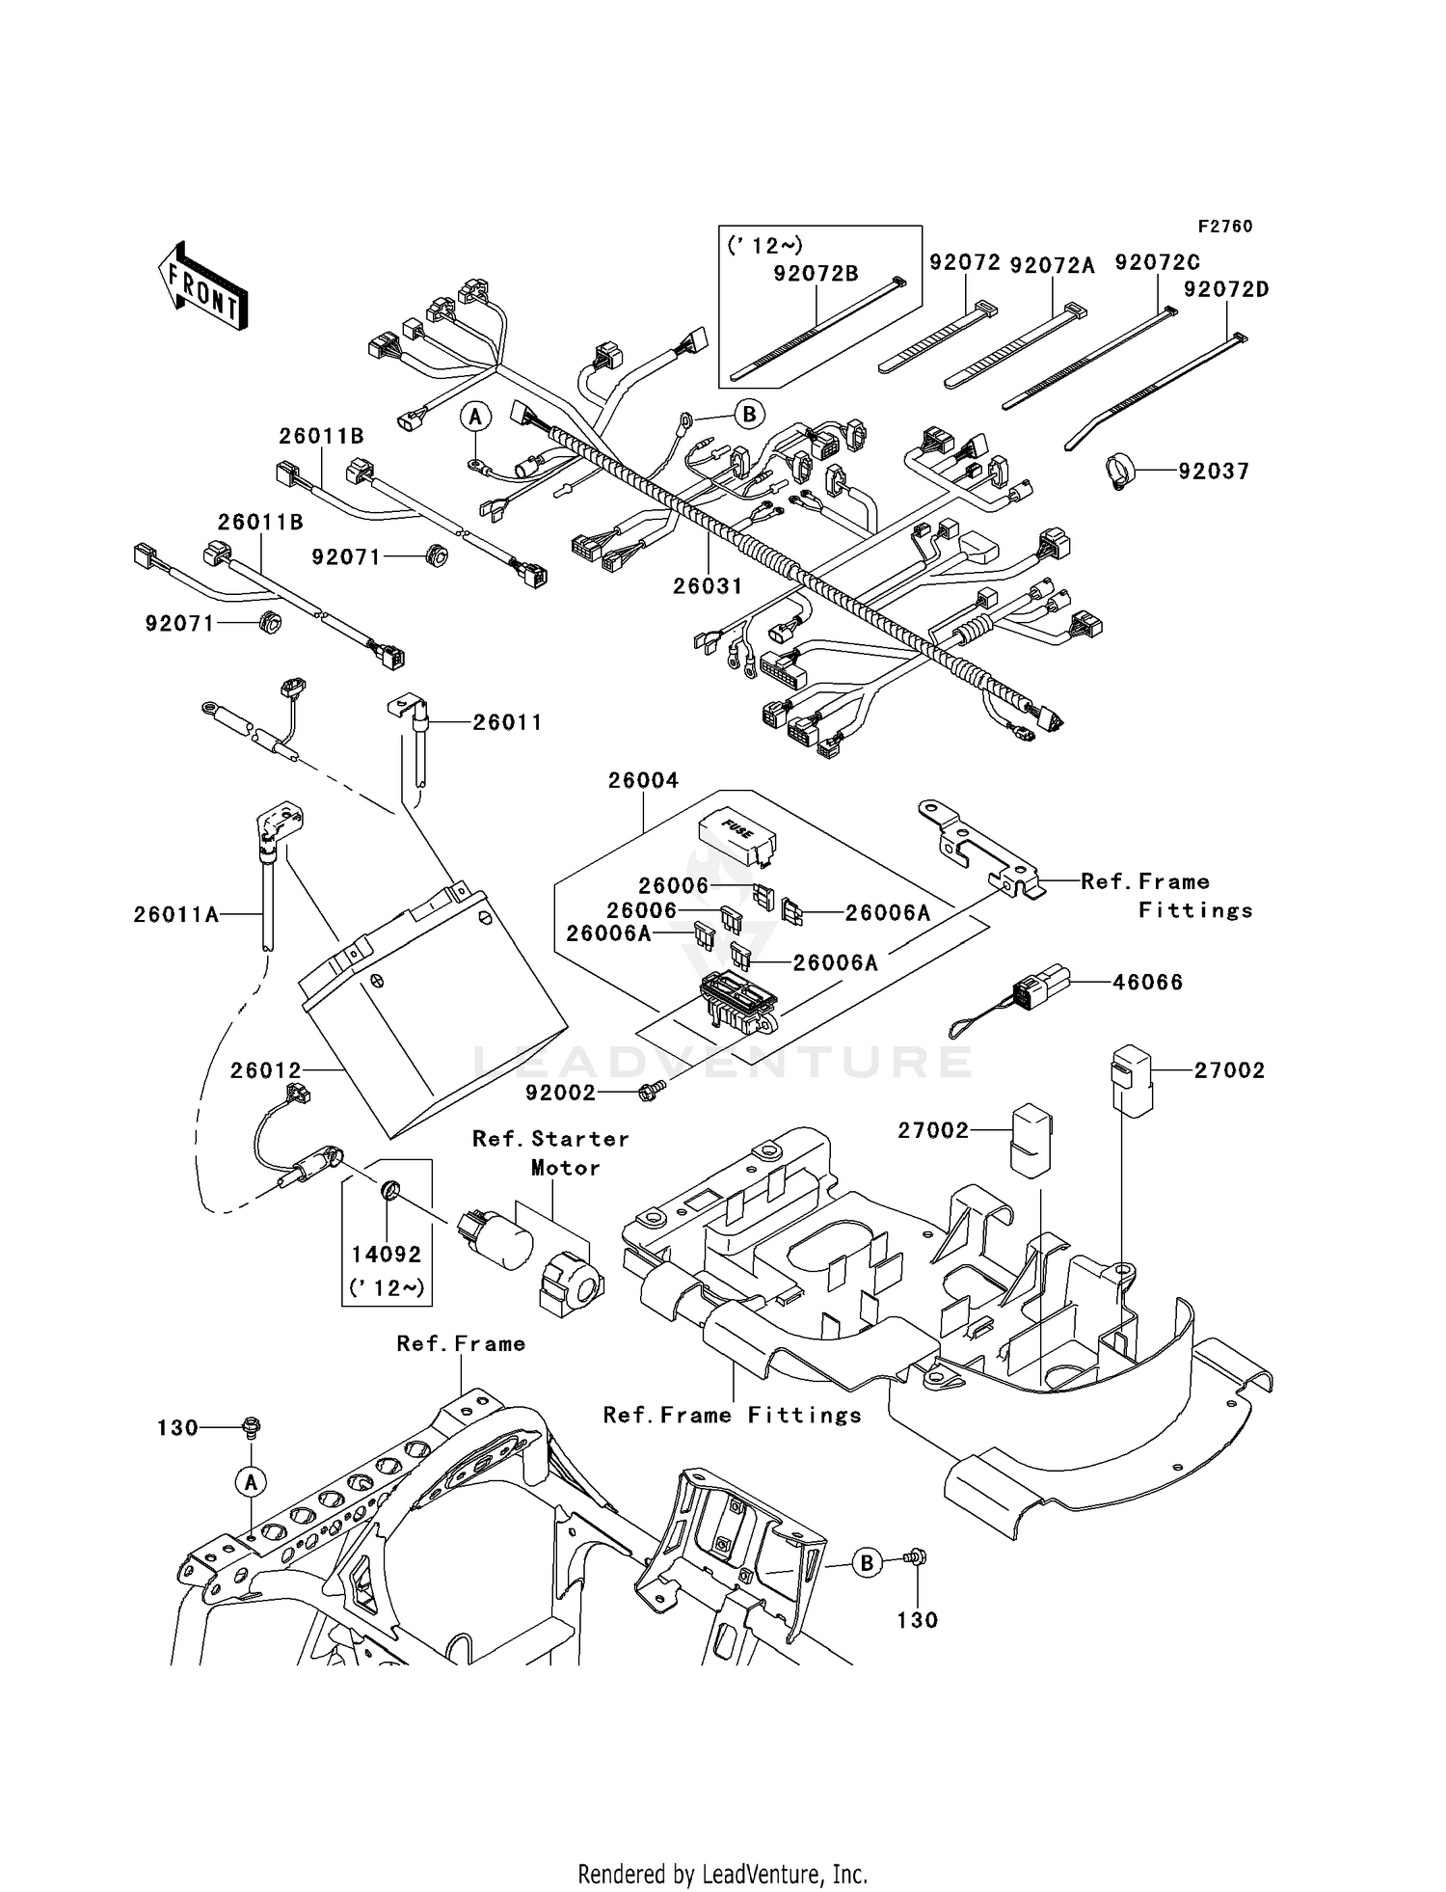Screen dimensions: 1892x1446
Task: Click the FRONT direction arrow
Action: [x=202, y=286]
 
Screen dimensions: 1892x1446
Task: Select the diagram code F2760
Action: [x=1224, y=227]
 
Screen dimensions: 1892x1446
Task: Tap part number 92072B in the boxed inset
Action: [x=815, y=274]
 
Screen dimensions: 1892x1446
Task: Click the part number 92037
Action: [x=1213, y=472]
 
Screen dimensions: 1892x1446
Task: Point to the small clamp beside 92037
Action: [x=1118, y=471]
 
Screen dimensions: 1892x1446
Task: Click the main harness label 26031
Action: [x=708, y=585]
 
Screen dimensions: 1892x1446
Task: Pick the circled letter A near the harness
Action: [x=474, y=417]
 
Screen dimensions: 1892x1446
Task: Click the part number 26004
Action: [x=643, y=780]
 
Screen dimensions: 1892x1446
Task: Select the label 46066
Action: [x=1147, y=983]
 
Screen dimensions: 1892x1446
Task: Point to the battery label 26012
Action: [x=266, y=1070]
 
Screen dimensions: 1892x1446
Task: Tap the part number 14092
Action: [x=387, y=1255]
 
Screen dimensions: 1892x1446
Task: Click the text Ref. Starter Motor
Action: [x=551, y=1152]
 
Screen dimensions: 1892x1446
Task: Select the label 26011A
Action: [x=176, y=914]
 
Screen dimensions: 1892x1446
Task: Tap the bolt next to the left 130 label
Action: [x=251, y=1426]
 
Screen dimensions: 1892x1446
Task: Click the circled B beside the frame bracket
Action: [x=867, y=1563]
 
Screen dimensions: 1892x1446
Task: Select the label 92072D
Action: [x=1226, y=289]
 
